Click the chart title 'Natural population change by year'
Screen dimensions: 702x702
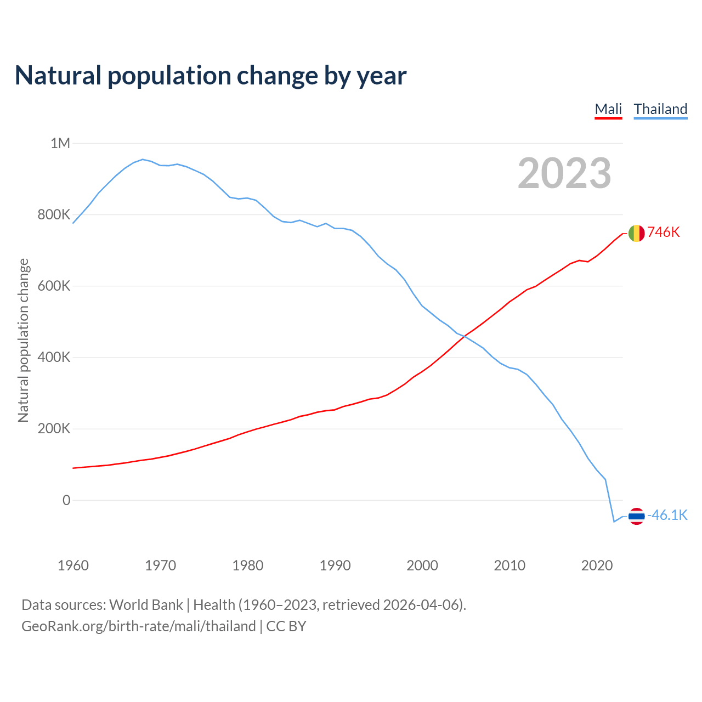tap(211, 76)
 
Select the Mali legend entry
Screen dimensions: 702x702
tap(608, 109)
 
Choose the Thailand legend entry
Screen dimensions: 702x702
tap(660, 109)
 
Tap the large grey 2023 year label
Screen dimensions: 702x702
tap(564, 173)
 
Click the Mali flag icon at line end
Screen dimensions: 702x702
tap(636, 233)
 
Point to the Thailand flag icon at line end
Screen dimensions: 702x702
tap(636, 516)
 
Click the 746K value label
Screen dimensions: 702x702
tap(664, 233)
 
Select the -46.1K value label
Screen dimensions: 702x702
tap(667, 516)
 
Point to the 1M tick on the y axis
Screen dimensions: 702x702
tap(60, 144)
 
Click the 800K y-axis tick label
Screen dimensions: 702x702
tap(54, 215)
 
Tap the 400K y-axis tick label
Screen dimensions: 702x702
tap(54, 358)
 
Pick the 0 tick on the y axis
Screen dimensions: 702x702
tap(66, 500)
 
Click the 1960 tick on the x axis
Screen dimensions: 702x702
tap(73, 565)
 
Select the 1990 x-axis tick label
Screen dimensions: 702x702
tap(335, 565)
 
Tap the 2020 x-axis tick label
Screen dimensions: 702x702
tap(597, 565)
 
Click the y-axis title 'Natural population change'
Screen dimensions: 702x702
tap(23, 341)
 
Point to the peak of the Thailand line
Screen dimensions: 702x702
tap(143, 160)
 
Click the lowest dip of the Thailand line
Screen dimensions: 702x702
tap(614, 522)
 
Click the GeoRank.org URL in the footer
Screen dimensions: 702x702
tap(138, 626)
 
